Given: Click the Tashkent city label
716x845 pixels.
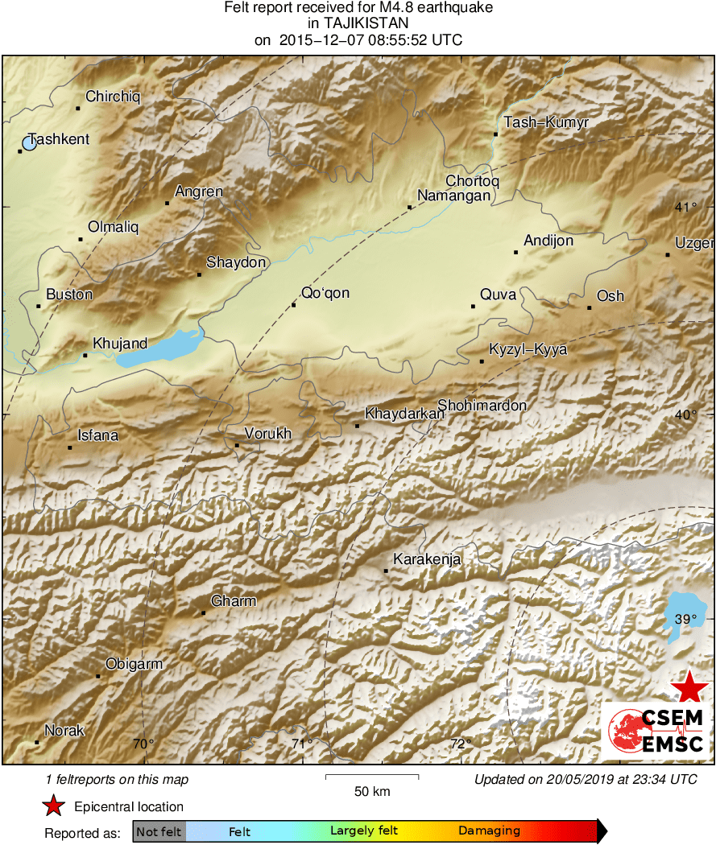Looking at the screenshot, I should [x=59, y=139].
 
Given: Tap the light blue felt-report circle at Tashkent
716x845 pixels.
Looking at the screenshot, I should [x=30, y=144].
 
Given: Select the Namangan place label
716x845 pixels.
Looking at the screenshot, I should [x=453, y=196].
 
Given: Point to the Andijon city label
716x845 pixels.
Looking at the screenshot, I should [x=548, y=241].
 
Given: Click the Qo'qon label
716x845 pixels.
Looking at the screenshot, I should [x=325, y=293].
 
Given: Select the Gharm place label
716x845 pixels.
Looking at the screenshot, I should [x=234, y=601].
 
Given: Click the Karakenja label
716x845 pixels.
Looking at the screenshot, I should [x=426, y=559].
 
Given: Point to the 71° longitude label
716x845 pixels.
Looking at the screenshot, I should [x=302, y=744].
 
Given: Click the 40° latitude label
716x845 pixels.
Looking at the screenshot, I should [x=685, y=415].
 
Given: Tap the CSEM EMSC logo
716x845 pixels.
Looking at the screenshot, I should [x=656, y=730].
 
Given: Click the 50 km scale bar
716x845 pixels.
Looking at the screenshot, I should [x=372, y=777].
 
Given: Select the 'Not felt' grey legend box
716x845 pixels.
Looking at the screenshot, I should [x=159, y=831].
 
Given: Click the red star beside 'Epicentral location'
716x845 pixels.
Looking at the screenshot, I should [x=54, y=806].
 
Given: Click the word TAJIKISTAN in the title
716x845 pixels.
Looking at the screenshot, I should [x=358, y=24].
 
